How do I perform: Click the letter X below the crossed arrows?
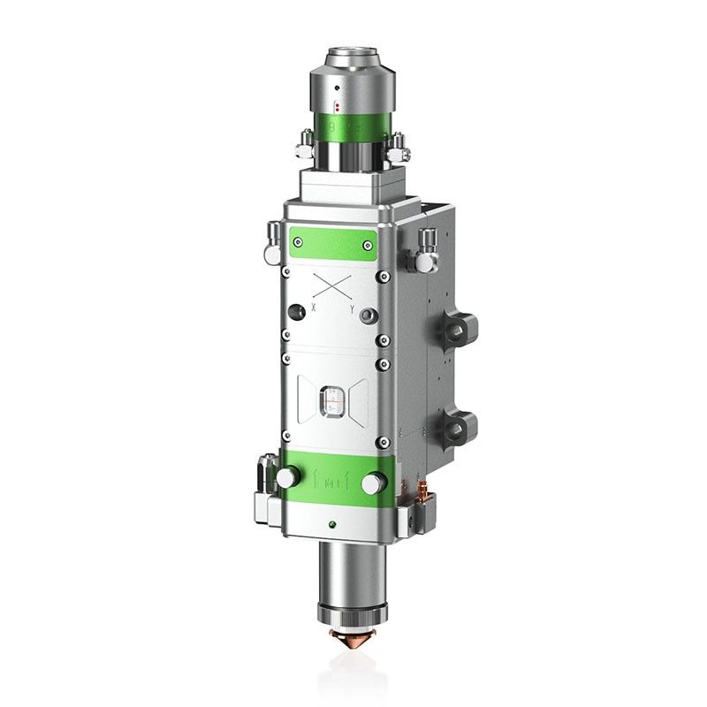coord(314,307)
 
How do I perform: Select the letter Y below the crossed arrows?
coord(351,309)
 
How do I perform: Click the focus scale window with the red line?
coord(332,400)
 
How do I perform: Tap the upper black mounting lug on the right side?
coord(460,328)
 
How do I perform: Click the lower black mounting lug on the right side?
coord(460,427)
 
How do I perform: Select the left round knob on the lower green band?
coord(286,477)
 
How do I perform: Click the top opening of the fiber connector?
coord(352,57)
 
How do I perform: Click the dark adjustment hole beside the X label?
coord(293,312)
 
